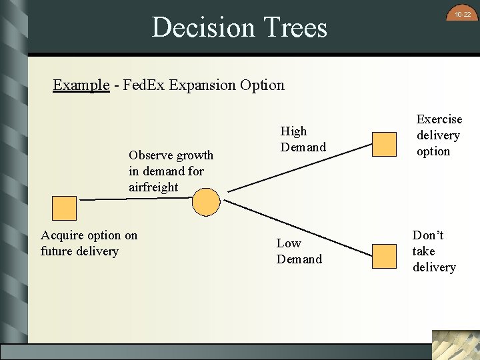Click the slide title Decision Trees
click(239, 28)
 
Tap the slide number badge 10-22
click(463, 14)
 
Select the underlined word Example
click(81, 85)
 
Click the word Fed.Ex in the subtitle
click(144, 85)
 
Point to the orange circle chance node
click(205, 201)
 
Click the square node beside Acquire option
click(65, 208)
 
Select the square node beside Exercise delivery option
click(383, 144)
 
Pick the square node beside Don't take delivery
click(383, 255)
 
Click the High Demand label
click(303, 139)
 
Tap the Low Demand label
click(299, 251)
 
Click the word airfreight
click(153, 187)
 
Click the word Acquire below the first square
click(62, 235)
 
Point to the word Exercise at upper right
click(439, 119)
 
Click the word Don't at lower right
click(428, 235)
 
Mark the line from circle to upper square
click(293, 171)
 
